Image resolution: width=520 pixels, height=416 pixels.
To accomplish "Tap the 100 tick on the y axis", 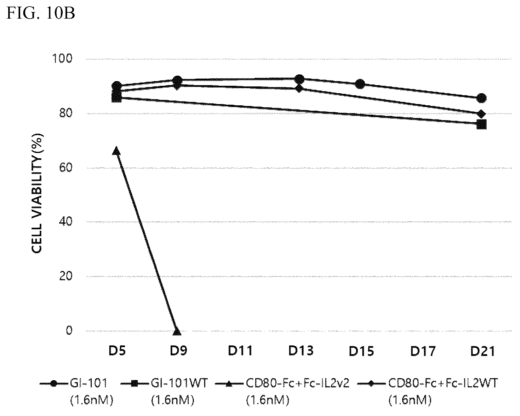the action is (x=64, y=59).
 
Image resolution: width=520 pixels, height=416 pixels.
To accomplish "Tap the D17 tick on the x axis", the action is (x=422, y=351).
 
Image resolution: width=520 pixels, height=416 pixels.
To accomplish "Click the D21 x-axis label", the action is (x=483, y=351).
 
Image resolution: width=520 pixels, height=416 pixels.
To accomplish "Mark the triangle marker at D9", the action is (x=177, y=331).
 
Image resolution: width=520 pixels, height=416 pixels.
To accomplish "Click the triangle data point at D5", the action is (x=116, y=151).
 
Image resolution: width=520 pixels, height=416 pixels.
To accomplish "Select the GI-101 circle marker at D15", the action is (x=360, y=84).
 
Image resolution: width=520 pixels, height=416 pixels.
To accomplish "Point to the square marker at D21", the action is (x=482, y=125).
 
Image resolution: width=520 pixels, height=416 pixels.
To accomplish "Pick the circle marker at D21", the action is (x=482, y=98).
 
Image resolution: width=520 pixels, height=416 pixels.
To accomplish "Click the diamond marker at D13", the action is (x=300, y=89).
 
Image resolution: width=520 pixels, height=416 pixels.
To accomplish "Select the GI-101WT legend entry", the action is (x=164, y=391).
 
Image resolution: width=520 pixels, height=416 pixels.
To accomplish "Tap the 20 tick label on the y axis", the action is (x=66, y=276).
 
